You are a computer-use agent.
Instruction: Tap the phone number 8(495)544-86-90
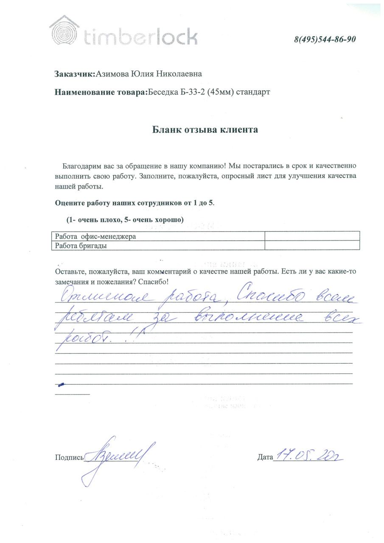[325, 39]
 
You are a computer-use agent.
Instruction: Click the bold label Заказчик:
[75, 74]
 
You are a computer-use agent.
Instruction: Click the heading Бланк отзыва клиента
[205, 130]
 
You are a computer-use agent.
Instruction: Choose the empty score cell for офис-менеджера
[312, 236]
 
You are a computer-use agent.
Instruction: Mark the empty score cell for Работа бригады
[312, 245]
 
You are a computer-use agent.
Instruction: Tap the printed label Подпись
[69, 458]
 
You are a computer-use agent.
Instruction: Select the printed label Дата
[265, 457]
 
